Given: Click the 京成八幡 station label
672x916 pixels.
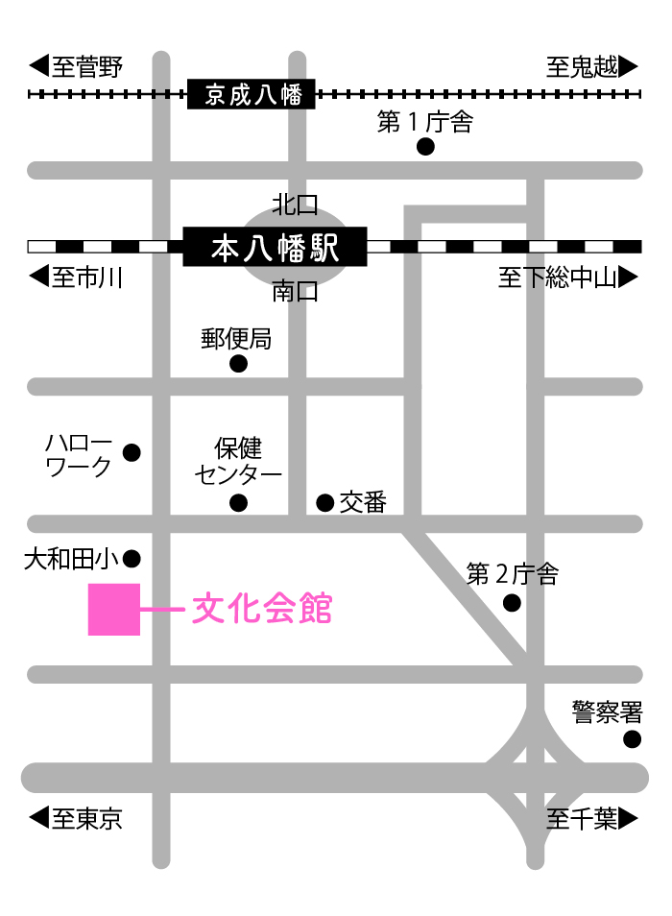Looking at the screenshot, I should [x=252, y=94].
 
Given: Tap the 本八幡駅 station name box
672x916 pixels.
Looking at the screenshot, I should [x=275, y=247].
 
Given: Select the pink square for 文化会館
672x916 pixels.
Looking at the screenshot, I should [x=114, y=609].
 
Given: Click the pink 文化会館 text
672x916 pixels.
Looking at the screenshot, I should [x=262, y=609].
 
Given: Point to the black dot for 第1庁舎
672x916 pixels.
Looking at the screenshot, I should [x=425, y=147].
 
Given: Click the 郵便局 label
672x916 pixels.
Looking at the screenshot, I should [x=237, y=338].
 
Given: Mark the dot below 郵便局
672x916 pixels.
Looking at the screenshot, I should [x=238, y=364].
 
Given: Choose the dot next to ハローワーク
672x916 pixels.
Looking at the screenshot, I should [x=132, y=451].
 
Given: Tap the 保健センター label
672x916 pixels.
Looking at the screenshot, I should [x=238, y=461].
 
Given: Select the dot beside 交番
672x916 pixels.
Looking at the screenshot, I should [x=324, y=502].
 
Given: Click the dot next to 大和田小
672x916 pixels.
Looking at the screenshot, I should [x=132, y=558].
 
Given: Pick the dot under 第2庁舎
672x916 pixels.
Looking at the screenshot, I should [x=512, y=603].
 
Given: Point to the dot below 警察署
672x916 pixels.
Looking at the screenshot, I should [x=632, y=738].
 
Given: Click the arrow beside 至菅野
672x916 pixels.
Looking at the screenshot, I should [x=38, y=66].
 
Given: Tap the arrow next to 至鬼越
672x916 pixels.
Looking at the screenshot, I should [x=629, y=66].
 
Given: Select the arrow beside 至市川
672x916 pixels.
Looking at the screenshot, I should [x=38, y=277].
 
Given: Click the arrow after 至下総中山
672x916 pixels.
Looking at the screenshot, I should [x=629, y=277].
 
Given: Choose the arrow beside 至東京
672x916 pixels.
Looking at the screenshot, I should [x=38, y=818].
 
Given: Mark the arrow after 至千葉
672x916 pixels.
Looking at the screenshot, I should [x=629, y=818].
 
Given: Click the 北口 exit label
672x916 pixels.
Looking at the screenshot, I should [x=295, y=204].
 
